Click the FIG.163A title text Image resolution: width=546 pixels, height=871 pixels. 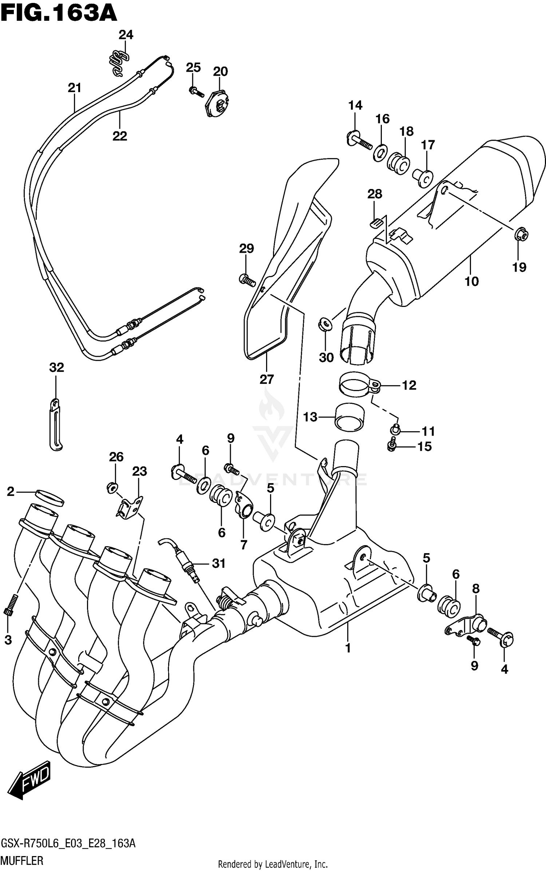(58, 14)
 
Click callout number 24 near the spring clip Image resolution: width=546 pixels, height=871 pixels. (126, 35)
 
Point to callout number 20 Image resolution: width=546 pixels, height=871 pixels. (220, 71)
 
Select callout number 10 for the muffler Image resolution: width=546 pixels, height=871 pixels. (471, 281)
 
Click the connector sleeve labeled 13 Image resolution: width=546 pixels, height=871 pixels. (349, 417)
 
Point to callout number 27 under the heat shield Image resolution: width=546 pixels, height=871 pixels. (266, 379)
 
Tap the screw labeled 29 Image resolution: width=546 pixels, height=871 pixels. (247, 280)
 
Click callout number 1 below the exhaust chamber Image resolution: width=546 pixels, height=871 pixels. (348, 648)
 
